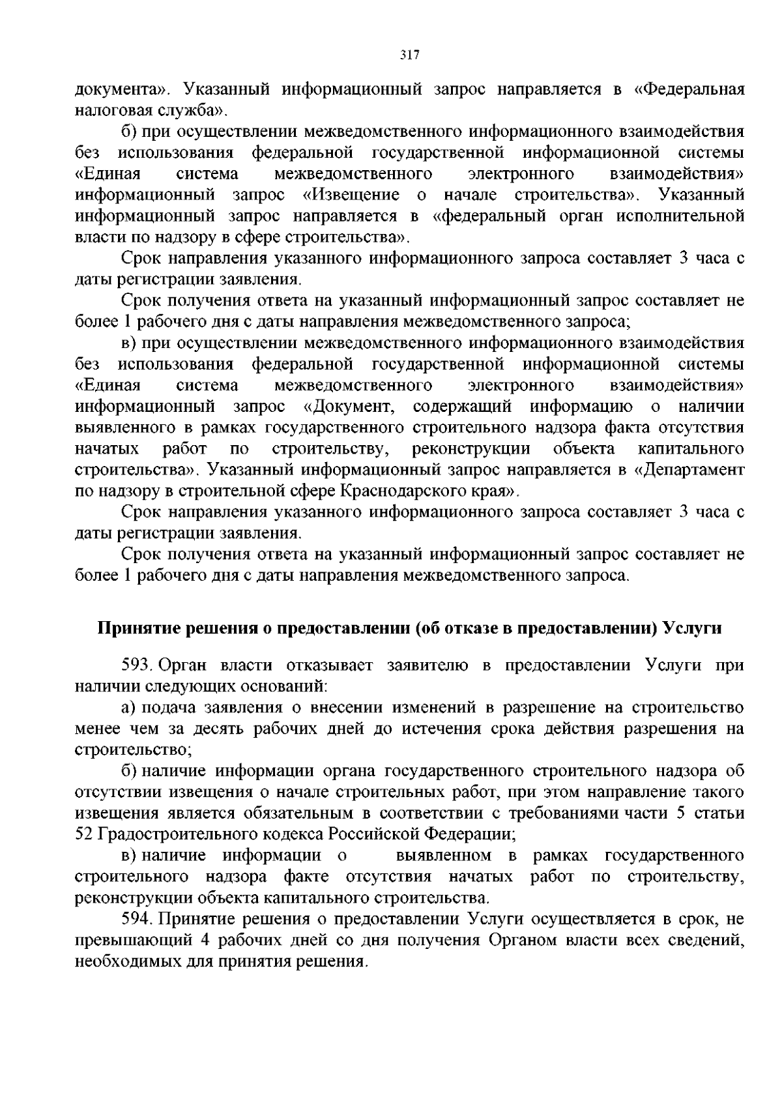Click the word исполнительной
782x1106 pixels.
[691, 216]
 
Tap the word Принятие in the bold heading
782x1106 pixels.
[136, 628]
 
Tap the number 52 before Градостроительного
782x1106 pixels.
[84, 834]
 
